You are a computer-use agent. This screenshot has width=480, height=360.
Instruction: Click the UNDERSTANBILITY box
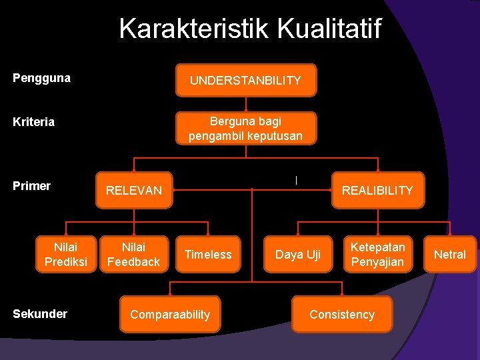click(245, 81)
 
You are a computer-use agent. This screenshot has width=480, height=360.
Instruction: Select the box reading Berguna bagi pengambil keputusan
click(245, 129)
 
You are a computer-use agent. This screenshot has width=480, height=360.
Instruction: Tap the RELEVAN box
click(134, 191)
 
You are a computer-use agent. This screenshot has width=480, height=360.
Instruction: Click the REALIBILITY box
click(377, 191)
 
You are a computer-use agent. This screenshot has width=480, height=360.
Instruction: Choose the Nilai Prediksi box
click(66, 255)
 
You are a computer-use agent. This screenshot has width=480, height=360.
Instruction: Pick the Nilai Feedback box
click(134, 255)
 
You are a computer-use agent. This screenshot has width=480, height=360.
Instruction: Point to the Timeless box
click(208, 255)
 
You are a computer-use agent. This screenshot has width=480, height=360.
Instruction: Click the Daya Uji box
click(298, 255)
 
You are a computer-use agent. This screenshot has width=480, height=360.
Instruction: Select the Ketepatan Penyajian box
click(377, 255)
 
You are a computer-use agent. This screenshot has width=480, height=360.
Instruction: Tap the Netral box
click(450, 255)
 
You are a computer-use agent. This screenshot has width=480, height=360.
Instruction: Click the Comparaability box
click(170, 315)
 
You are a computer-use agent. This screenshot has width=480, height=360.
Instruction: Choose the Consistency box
click(342, 315)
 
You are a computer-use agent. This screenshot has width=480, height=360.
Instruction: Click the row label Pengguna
click(42, 78)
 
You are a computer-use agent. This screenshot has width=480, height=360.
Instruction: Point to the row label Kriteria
click(34, 122)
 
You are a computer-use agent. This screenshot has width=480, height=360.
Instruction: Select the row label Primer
click(32, 186)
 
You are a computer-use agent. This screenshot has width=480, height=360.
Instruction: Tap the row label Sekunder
click(40, 314)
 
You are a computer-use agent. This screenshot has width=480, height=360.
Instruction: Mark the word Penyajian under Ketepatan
click(377, 262)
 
